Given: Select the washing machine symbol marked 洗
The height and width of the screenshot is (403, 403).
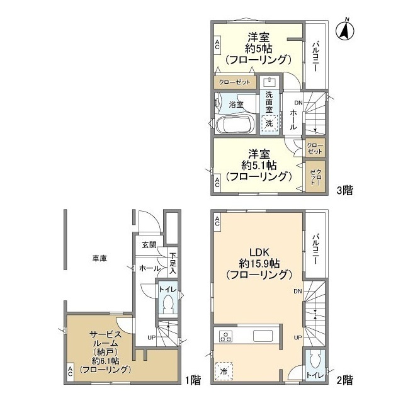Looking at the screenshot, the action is (269, 123).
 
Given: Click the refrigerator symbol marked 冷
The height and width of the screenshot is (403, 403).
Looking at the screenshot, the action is (224, 371).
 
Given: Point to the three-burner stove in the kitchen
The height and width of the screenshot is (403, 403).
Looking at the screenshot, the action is (225, 336).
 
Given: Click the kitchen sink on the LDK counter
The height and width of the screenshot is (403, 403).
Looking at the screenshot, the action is (263, 336).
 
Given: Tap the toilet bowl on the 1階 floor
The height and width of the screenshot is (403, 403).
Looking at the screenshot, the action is (168, 304).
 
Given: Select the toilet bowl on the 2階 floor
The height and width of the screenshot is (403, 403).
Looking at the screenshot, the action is (315, 361).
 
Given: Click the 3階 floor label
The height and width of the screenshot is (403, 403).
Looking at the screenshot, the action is (345, 190).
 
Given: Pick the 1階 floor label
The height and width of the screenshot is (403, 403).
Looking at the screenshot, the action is (193, 380).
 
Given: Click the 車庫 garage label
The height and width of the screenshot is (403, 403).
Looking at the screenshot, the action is (99, 258).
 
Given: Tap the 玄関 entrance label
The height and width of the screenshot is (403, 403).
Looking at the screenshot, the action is (149, 245).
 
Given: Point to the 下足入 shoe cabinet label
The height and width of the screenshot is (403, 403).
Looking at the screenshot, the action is (173, 263).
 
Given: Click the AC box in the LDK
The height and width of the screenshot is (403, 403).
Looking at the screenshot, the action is (217, 221).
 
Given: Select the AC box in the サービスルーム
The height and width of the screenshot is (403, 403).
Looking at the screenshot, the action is (70, 372).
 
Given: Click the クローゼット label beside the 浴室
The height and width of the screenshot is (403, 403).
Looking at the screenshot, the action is (234, 82).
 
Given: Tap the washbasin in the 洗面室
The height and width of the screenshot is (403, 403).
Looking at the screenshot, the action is (269, 82).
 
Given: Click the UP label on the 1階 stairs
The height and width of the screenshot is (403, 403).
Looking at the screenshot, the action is (152, 338).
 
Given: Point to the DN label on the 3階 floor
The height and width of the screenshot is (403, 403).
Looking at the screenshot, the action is (298, 103).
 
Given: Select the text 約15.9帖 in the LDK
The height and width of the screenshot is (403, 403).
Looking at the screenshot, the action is (259, 264).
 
